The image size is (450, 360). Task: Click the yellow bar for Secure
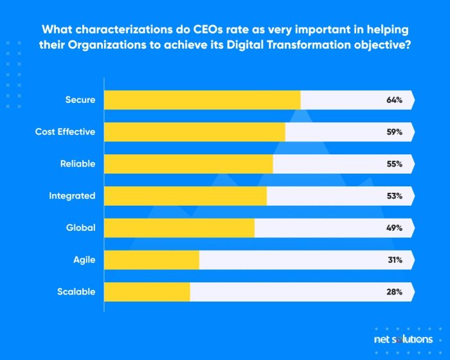click(202, 100)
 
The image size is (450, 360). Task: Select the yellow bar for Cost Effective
click(194, 132)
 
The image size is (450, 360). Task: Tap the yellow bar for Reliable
click(188, 164)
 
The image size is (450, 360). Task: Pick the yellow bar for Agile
click(152, 260)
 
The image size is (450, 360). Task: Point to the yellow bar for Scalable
click(147, 292)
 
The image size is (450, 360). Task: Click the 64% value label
click(395, 100)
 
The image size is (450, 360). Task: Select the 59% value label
click(395, 132)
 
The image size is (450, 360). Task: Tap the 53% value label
click(395, 196)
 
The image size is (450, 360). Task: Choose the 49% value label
click(395, 228)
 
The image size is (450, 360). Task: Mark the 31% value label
click(395, 260)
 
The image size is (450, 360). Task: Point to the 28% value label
click(395, 292)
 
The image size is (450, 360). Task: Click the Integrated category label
click(72, 196)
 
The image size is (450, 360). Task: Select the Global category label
click(80, 228)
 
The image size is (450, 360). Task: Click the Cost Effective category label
click(65, 132)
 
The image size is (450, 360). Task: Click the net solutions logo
click(404, 339)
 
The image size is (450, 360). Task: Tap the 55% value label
click(395, 164)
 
